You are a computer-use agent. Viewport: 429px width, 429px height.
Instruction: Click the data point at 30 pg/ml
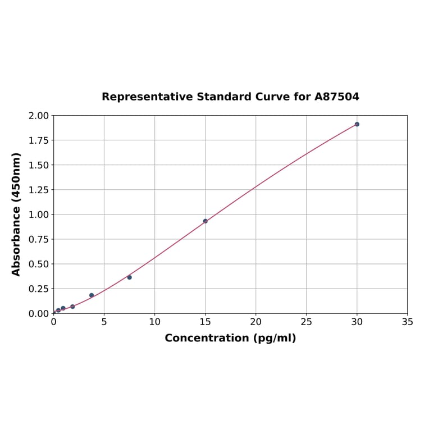[357, 124]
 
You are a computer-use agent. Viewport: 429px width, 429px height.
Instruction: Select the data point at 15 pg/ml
[206, 221]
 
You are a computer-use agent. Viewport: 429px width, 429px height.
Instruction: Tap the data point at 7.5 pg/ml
[129, 277]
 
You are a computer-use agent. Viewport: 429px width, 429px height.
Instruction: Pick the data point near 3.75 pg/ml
[92, 295]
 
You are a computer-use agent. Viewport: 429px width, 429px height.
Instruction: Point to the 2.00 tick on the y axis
[39, 116]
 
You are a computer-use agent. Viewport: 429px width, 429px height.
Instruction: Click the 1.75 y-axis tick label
[39, 140]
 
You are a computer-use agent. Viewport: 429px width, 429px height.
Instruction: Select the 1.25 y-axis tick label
[39, 190]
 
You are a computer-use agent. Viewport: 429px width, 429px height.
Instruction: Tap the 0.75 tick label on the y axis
[39, 239]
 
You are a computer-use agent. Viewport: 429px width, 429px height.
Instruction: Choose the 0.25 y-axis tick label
[39, 289]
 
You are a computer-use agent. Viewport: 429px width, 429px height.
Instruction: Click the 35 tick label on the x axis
[408, 322]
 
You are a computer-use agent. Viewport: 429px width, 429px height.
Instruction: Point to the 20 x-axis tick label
[256, 322]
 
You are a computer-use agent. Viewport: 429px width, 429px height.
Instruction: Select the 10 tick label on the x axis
[155, 322]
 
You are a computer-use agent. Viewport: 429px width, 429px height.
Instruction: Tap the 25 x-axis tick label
[307, 322]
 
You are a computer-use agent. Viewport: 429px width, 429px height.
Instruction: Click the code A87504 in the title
[336, 97]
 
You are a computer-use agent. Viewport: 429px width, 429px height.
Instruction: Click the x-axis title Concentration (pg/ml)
[230, 338]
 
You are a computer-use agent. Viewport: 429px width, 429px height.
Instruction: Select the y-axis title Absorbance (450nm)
[16, 214]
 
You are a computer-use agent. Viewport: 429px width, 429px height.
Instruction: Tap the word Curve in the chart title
[272, 97]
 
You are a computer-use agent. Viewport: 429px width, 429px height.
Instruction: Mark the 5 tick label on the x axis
[104, 322]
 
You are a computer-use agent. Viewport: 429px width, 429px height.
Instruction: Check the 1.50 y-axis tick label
[39, 165]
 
